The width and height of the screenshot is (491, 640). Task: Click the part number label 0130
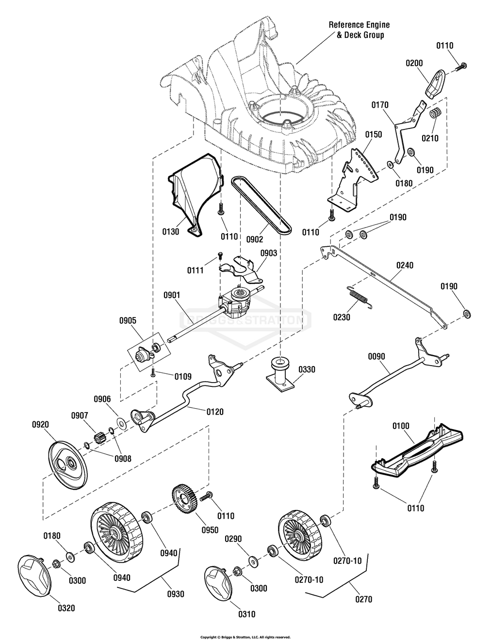click(171, 232)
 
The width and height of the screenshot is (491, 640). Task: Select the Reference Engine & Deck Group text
click(359, 30)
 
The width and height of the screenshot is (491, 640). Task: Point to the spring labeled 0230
click(360, 297)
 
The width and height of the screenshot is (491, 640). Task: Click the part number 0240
click(405, 265)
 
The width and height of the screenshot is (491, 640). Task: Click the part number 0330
click(307, 369)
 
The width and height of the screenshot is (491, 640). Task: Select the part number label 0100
click(400, 426)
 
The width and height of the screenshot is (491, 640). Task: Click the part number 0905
click(128, 320)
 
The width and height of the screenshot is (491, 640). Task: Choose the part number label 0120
click(215, 412)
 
